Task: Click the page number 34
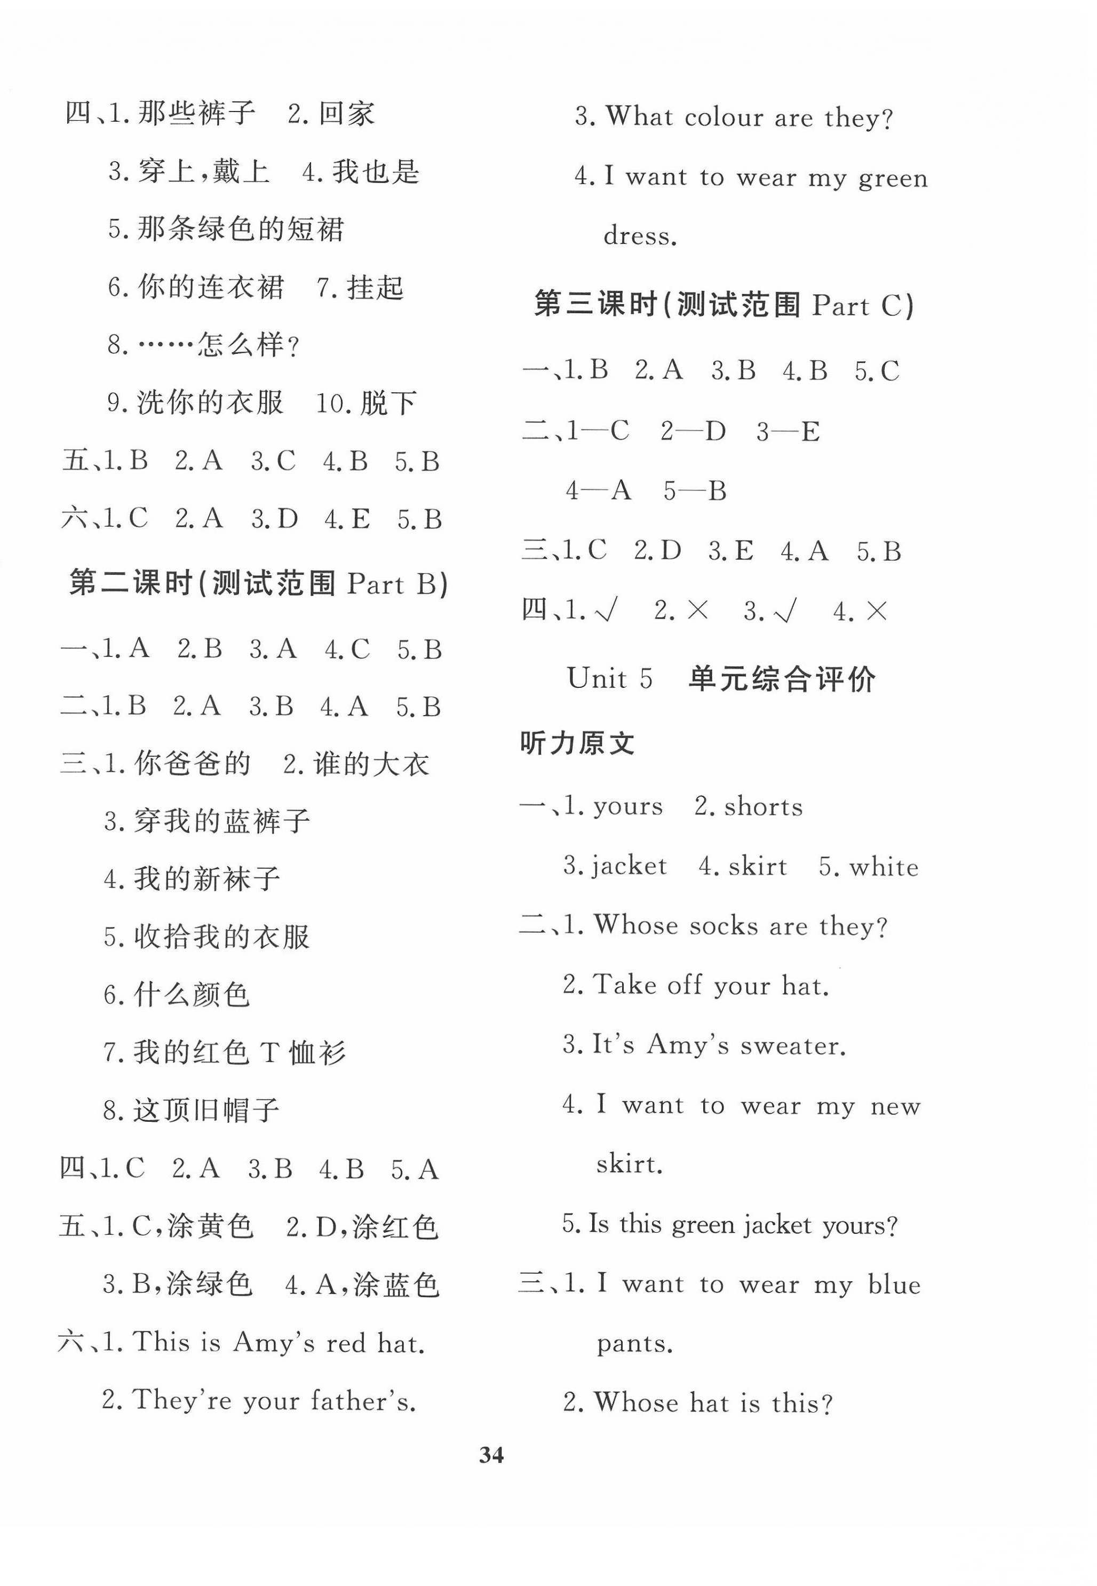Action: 491,1455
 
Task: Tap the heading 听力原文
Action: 577,743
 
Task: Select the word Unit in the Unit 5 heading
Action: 597,679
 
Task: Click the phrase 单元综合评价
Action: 782,679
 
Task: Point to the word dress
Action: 640,236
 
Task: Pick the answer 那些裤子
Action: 196,113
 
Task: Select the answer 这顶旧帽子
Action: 206,1109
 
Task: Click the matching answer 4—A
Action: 598,491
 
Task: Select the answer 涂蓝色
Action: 396,1284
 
